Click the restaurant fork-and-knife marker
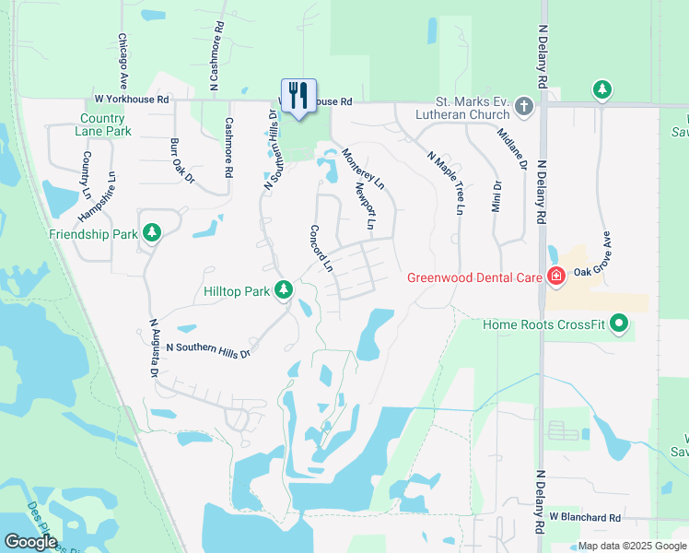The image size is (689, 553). point(298,95)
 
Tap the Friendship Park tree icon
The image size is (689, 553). point(153,234)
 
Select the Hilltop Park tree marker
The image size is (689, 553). point(285,290)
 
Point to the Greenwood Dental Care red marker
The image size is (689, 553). point(555,276)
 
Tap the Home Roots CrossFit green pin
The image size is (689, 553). point(619,324)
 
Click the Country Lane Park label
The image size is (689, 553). point(102,124)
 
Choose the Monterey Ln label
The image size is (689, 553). point(363,170)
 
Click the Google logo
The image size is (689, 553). point(30,542)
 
